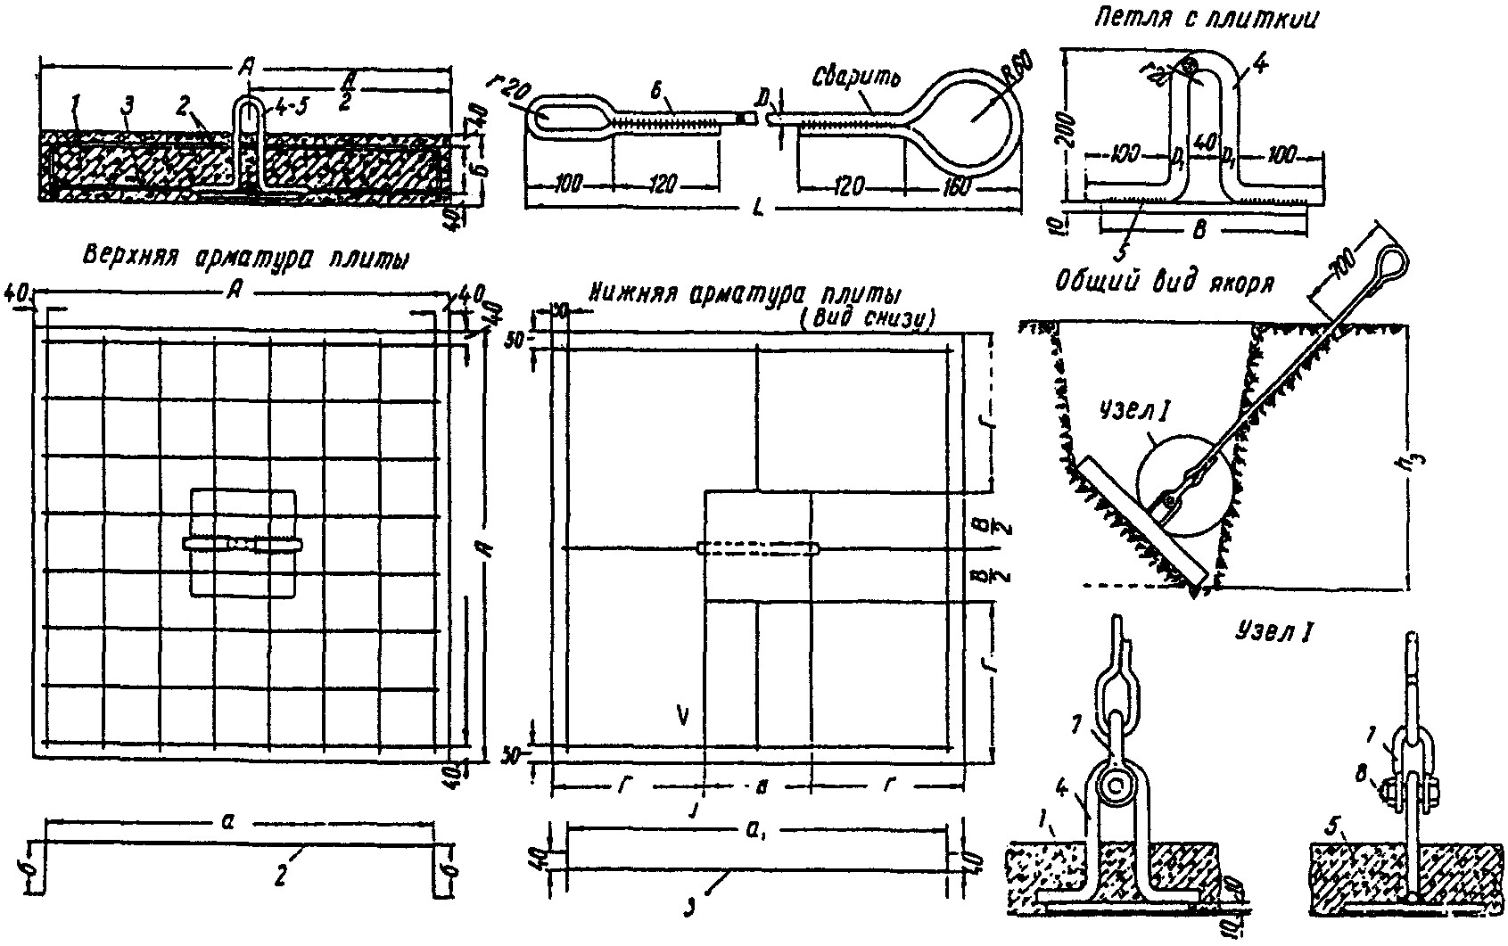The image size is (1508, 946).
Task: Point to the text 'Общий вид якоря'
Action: (x=1163, y=284)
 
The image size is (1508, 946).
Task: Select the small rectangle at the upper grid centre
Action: (x=243, y=543)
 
